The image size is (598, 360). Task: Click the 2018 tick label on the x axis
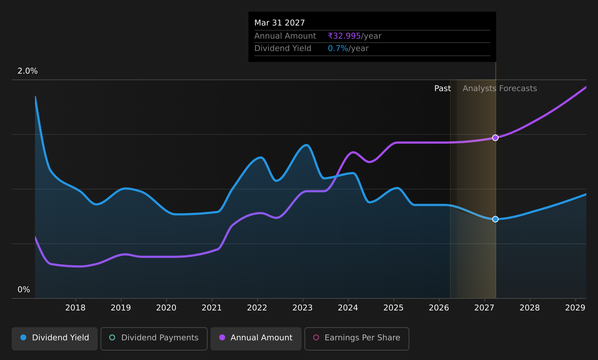tap(75, 308)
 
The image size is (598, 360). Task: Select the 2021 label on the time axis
tap(212, 308)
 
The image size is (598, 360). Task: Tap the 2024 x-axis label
tap(348, 308)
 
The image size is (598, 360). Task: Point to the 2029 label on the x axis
tap(575, 308)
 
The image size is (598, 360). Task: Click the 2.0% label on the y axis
tap(28, 71)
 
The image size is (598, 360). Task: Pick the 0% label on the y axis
tap(24, 290)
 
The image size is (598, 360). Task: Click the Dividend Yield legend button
tap(55, 339)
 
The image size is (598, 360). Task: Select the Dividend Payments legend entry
tap(154, 339)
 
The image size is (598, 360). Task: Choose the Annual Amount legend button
tap(256, 339)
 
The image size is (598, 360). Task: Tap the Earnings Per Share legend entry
tap(357, 339)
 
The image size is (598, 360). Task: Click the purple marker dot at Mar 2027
tap(495, 138)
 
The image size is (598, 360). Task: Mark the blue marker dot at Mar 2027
tap(495, 219)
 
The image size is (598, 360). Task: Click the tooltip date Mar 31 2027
tap(279, 23)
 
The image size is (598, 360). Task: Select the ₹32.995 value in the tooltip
tap(345, 36)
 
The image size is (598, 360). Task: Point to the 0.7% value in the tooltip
tap(338, 48)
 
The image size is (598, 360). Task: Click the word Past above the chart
tap(442, 89)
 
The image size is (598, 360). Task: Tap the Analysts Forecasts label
tap(500, 89)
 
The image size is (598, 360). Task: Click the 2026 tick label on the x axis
tap(439, 308)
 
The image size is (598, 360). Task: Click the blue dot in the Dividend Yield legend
tap(24, 337)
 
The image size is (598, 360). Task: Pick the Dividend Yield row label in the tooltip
tap(283, 48)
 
